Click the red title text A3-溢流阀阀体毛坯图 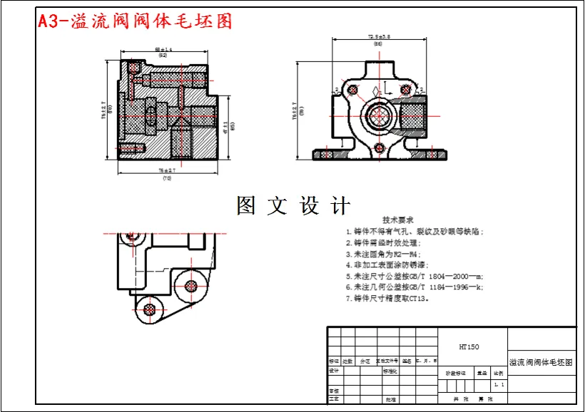136,21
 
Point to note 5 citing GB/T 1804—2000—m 414,277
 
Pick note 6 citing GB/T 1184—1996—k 414,288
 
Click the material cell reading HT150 469,347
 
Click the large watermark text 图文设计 293,206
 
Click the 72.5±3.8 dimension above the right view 379,36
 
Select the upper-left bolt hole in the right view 351,89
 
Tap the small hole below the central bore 380,150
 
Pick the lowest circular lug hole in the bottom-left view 149,309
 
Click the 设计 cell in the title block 333,371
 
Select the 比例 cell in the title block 499,373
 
